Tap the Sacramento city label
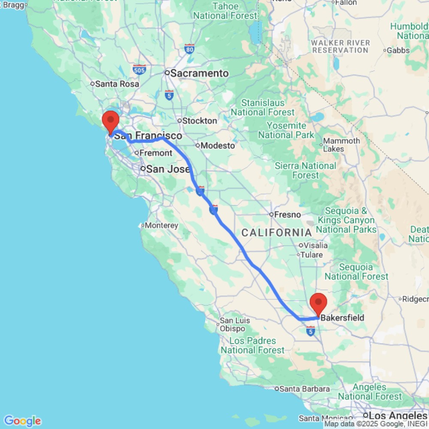click(199, 73)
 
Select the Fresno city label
click(284, 214)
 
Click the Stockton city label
click(199, 121)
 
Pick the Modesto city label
click(218, 145)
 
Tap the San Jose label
click(168, 169)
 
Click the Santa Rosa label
click(117, 84)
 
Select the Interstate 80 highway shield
click(189, 49)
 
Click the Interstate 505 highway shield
click(139, 69)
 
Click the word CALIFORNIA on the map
click(276, 233)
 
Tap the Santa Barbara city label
click(305, 389)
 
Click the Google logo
click(22, 421)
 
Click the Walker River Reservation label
click(341, 46)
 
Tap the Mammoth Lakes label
click(341, 145)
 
